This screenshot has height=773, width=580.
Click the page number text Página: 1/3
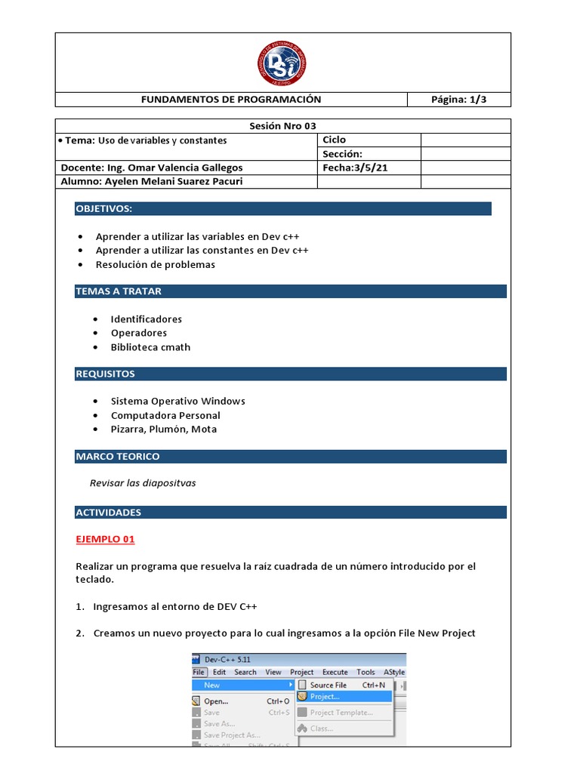(x=458, y=100)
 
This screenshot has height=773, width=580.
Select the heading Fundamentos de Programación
(x=231, y=100)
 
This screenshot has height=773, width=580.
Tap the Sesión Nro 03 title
(x=282, y=126)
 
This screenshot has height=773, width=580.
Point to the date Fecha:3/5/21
(x=355, y=168)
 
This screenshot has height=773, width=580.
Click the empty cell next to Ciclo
(x=465, y=140)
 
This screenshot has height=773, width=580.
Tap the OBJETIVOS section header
(x=104, y=208)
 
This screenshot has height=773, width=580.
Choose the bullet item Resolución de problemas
(x=155, y=265)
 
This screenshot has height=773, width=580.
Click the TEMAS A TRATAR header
(x=119, y=291)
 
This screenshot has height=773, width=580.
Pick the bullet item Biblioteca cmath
(x=150, y=347)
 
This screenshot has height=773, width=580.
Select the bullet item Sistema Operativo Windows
(x=177, y=401)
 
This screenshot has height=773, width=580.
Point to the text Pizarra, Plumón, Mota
(x=163, y=430)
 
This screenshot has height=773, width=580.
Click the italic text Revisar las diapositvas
(x=143, y=483)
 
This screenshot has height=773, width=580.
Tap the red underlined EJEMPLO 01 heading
(x=105, y=540)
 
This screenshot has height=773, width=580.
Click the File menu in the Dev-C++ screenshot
(x=199, y=672)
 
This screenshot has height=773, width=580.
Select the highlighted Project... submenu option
(x=325, y=697)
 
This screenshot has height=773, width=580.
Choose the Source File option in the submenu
(x=328, y=685)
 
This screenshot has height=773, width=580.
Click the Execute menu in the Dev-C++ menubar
(x=335, y=672)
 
